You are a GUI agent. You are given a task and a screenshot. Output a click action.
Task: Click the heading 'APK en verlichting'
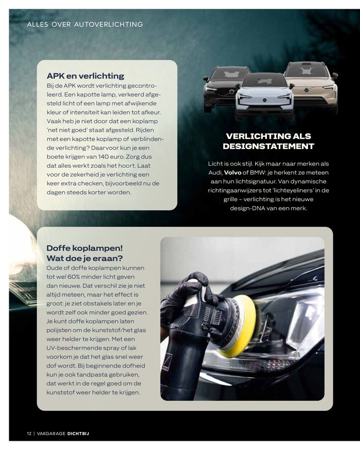[x=85, y=76]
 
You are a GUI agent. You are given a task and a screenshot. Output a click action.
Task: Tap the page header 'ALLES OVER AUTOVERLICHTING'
[x=85, y=24]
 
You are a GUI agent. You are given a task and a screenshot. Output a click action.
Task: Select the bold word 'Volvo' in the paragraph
[x=233, y=172]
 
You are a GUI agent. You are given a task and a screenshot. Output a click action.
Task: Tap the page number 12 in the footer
[x=29, y=433]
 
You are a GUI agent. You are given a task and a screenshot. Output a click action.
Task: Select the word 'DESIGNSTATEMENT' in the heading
[x=268, y=146]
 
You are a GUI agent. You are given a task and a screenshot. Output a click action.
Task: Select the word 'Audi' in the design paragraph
[x=214, y=172]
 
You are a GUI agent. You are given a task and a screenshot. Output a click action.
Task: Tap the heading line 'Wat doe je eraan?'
[x=85, y=258]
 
